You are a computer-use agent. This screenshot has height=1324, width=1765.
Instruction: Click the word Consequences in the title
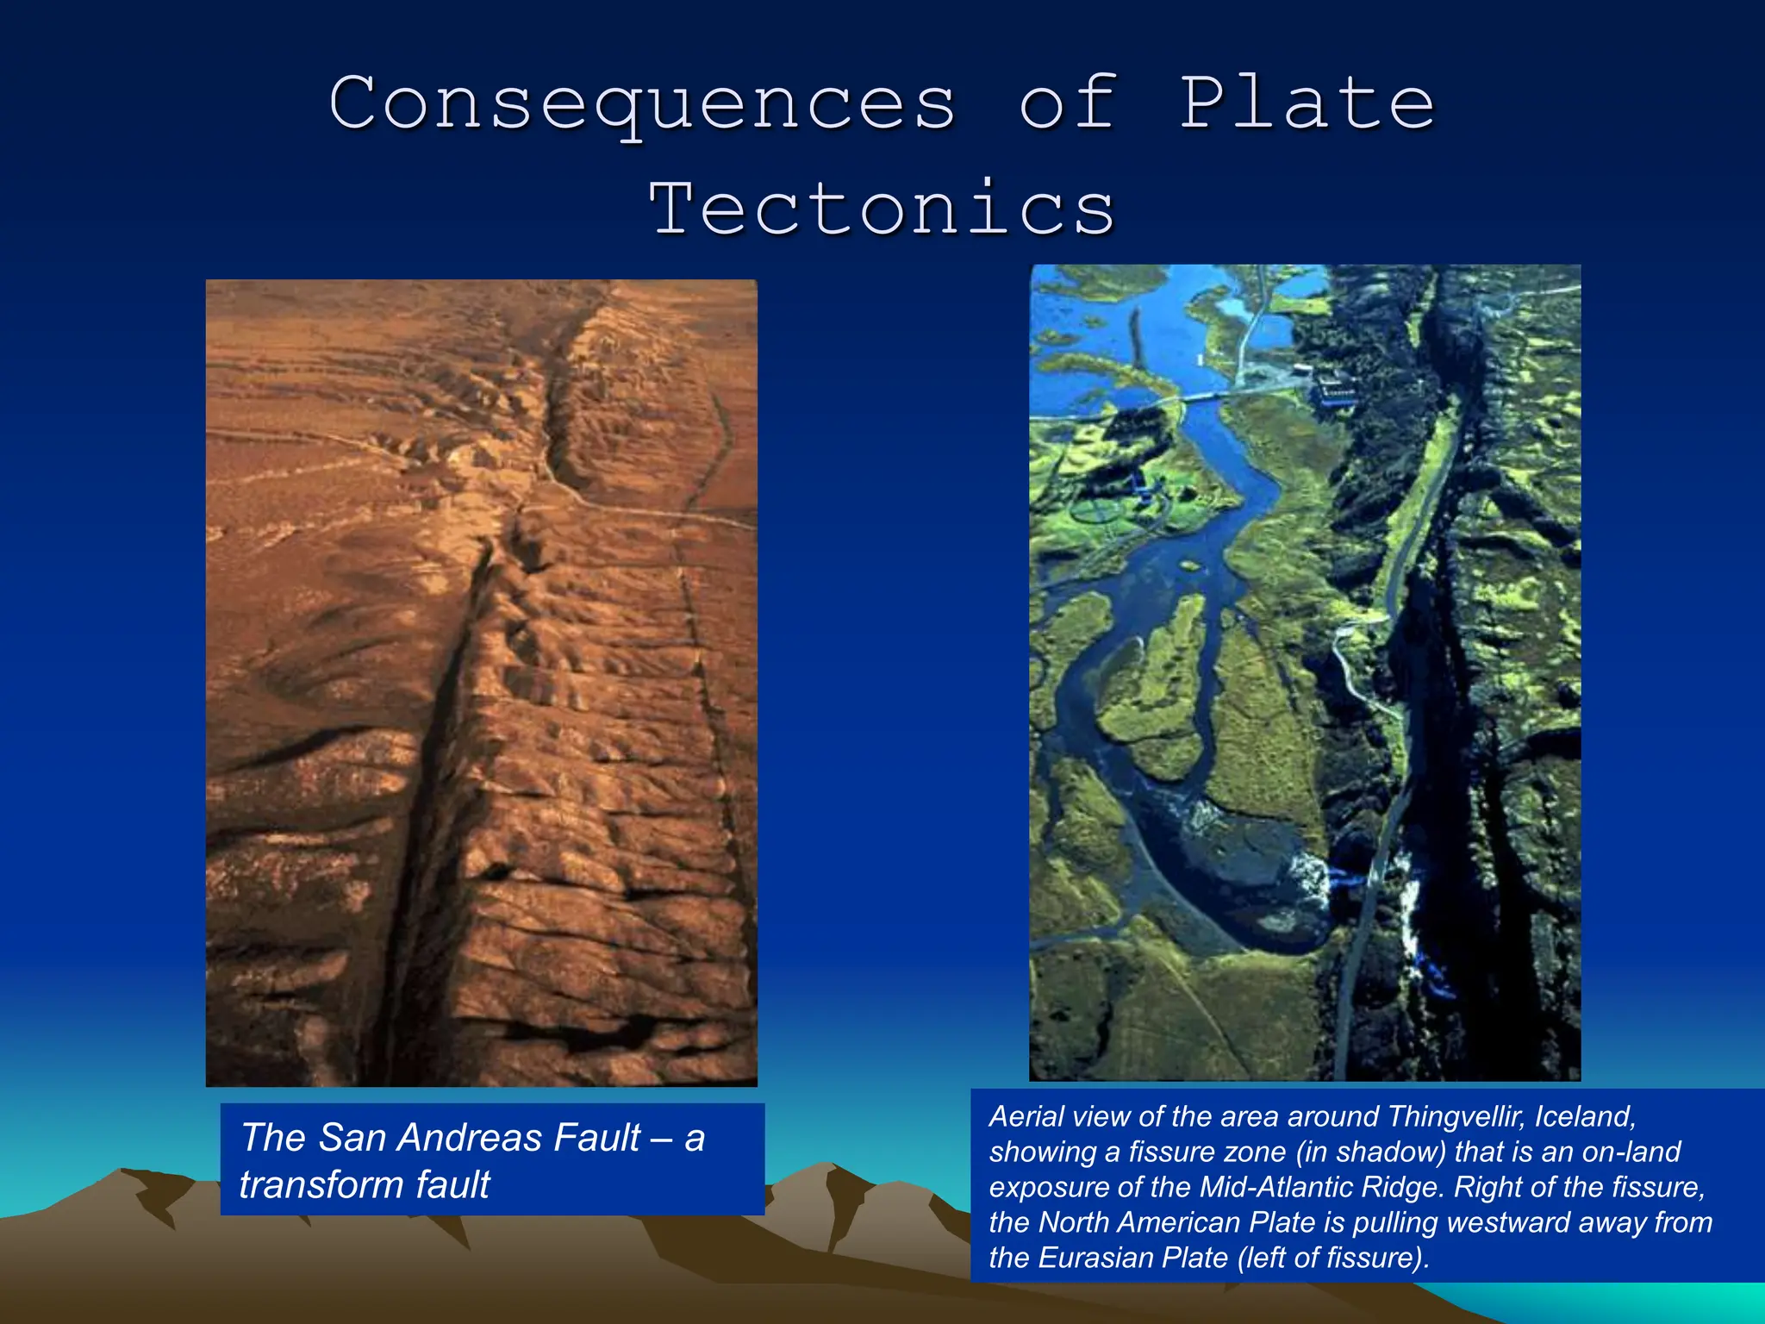point(642,104)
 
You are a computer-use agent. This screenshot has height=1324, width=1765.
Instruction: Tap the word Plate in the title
point(1307,103)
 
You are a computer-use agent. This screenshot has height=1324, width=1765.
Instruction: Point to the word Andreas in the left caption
point(473,1138)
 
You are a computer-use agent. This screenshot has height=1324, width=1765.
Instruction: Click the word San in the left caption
point(348,1138)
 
